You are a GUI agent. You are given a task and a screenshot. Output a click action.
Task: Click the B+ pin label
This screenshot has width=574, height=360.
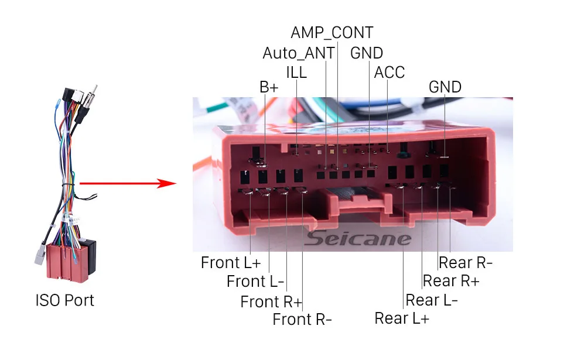(269, 87)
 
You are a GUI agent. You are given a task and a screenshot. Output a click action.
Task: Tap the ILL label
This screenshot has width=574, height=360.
(296, 72)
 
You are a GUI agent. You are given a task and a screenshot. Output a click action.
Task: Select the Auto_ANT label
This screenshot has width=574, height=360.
(299, 53)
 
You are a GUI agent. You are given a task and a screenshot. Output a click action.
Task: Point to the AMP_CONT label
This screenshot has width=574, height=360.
(332, 32)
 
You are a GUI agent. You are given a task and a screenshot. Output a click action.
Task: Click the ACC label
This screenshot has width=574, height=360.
(389, 72)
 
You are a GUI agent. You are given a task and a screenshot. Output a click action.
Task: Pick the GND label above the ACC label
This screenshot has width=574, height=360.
(367, 53)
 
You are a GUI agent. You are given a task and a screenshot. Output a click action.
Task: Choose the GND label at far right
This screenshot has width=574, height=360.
(445, 87)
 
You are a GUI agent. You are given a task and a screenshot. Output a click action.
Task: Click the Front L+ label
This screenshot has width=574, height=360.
(231, 262)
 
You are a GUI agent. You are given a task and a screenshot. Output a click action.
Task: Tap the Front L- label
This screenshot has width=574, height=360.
(255, 282)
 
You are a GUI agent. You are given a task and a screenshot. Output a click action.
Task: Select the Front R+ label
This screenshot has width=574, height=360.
(271, 302)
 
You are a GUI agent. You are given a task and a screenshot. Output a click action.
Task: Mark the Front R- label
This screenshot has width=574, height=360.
(302, 320)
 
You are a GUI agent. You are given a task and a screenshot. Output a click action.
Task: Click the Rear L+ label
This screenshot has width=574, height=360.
(402, 318)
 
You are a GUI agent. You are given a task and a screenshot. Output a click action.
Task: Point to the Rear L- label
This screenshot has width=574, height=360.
(432, 300)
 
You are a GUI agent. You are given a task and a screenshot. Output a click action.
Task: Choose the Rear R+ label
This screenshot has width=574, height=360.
(451, 281)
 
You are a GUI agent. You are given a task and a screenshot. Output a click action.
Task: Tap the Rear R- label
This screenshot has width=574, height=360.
(466, 262)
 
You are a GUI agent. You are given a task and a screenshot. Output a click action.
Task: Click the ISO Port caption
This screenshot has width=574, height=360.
(64, 301)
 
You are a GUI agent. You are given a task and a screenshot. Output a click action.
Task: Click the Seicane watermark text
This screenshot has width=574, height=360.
(358, 238)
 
